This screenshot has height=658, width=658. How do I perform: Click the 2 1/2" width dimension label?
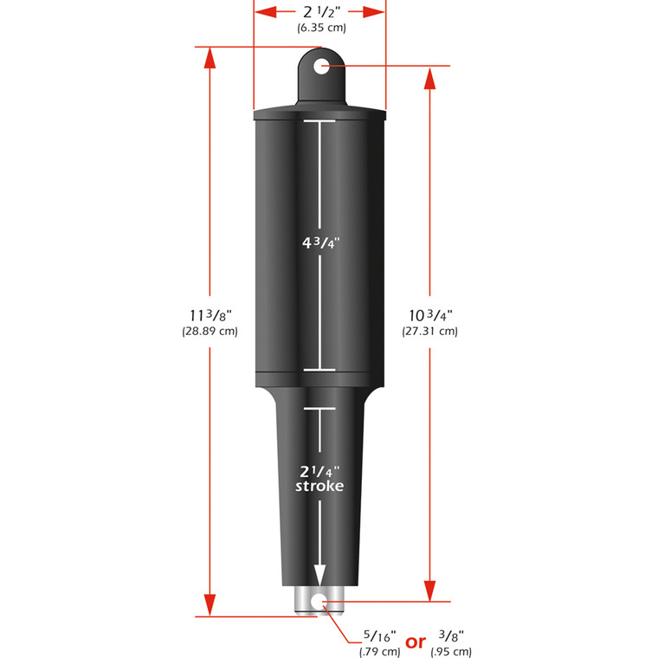pyautogui.click(x=319, y=13)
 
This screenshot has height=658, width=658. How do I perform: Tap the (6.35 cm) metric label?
pyautogui.click(x=319, y=28)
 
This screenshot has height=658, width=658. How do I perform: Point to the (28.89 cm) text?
pyautogui.click(x=210, y=332)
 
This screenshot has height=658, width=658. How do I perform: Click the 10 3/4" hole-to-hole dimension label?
pyautogui.click(x=429, y=316)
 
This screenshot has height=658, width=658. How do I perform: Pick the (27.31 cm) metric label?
pyautogui.click(x=429, y=332)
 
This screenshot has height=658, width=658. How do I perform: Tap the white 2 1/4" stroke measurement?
pyautogui.click(x=319, y=471)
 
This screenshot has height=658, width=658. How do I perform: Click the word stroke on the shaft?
pyautogui.click(x=319, y=487)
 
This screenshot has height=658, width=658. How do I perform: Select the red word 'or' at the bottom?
pyautogui.click(x=416, y=642)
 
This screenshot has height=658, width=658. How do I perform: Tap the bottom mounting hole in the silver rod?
pyautogui.click(x=319, y=600)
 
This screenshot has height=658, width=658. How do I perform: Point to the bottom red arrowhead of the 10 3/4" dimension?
pyautogui.click(x=430, y=590)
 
